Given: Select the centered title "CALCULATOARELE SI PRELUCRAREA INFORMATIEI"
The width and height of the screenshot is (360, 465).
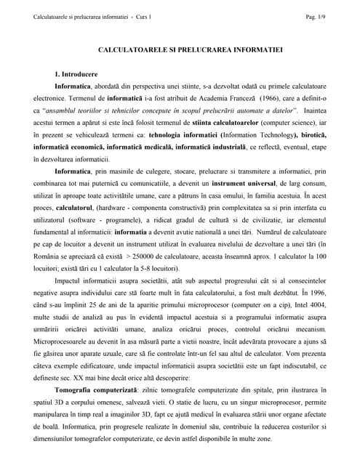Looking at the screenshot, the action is [x=180, y=52].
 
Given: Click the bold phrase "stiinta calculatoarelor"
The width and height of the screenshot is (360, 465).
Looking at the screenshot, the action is [x=211, y=124].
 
